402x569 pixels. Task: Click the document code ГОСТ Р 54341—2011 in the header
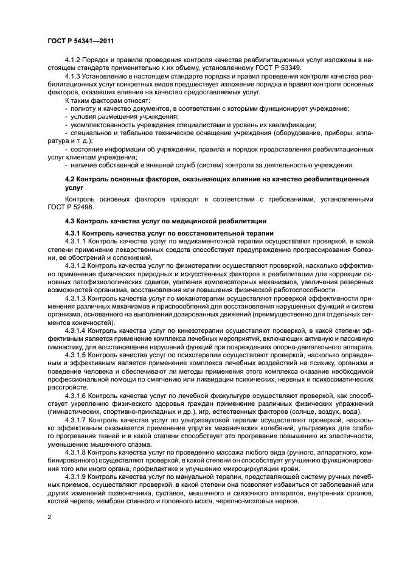click(80, 41)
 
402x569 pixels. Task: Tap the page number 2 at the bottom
click(49, 517)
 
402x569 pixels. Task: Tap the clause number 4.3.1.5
click(75, 354)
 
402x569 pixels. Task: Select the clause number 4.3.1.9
click(75, 476)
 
